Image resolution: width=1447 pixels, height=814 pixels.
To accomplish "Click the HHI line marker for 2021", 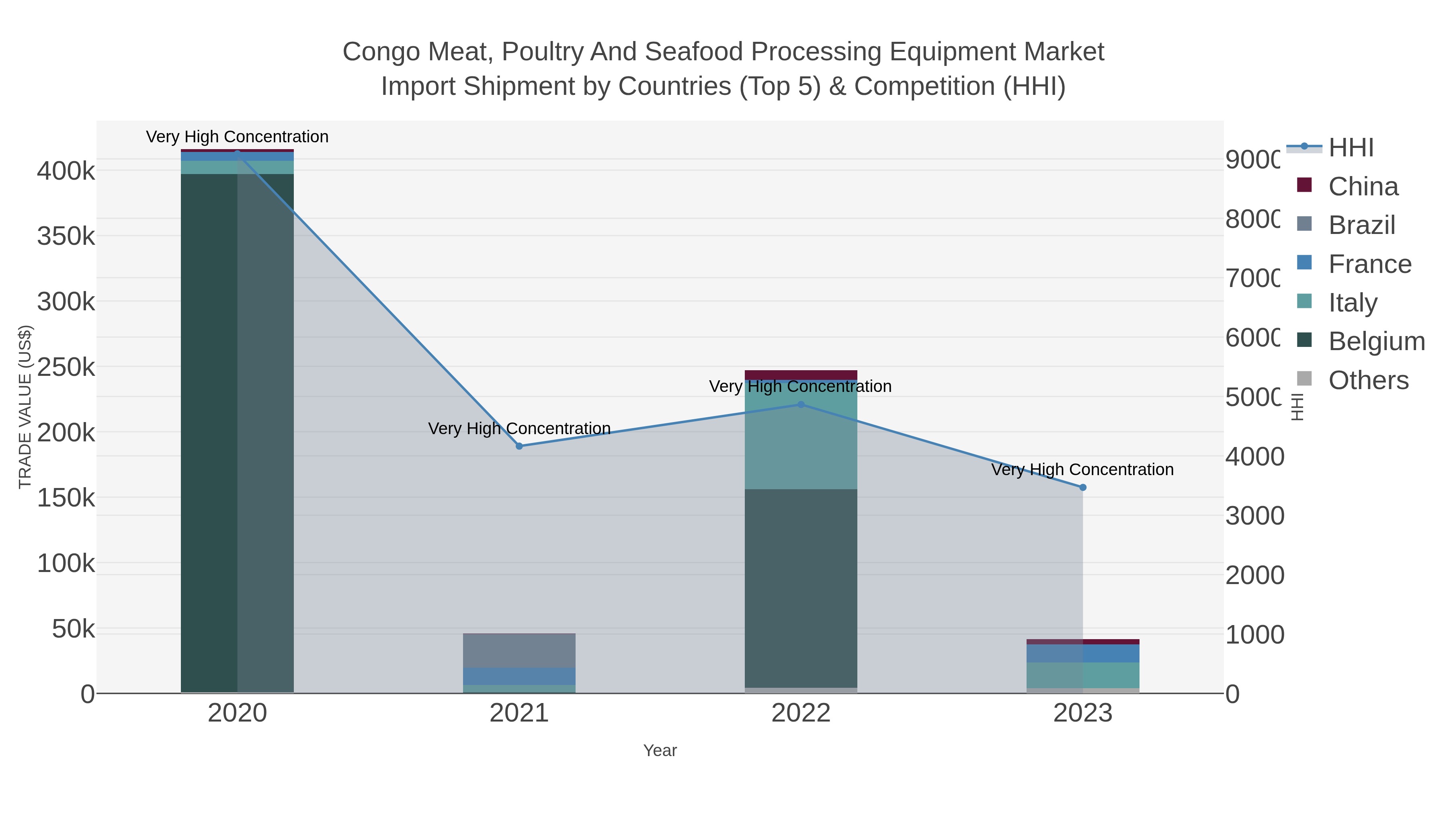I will tap(519, 446).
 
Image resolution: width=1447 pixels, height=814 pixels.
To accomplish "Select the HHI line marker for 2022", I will tap(801, 404).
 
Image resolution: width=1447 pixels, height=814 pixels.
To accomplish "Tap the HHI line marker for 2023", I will tap(1083, 488).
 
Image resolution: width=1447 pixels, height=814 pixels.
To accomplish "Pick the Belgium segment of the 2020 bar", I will tap(237, 433).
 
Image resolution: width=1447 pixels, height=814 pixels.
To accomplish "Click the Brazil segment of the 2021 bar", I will tap(519, 650).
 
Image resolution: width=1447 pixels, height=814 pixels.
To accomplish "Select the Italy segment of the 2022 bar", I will tap(801, 436).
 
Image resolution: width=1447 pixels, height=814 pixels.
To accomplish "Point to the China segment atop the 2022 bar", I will tap(801, 375).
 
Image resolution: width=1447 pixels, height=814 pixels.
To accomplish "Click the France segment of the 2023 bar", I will tap(1083, 653).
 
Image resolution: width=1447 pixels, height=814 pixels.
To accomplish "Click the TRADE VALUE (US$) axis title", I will tap(25, 407).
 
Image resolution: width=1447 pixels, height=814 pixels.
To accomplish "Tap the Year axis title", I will tap(660, 750).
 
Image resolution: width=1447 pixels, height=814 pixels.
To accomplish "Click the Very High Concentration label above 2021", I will tap(519, 429).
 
